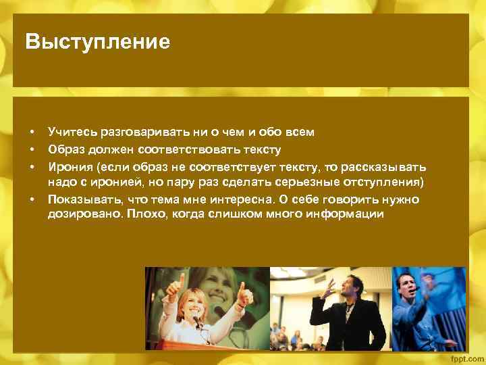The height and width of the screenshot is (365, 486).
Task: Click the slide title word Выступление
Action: coord(97,43)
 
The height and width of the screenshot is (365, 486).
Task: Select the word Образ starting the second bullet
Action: coord(65,149)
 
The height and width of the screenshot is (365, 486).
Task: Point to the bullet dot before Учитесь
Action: coord(32,133)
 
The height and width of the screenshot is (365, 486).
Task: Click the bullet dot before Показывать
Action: coord(32,200)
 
